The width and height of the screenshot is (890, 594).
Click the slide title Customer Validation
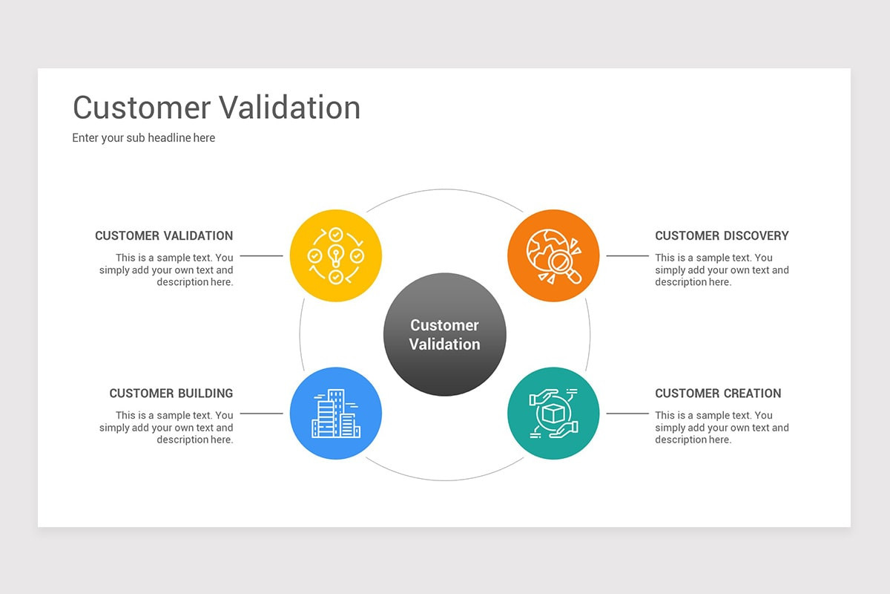(x=217, y=108)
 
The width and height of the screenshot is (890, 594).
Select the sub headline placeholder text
(x=144, y=138)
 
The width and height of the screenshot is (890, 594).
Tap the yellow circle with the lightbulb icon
(x=335, y=255)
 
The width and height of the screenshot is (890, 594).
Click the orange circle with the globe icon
(x=553, y=255)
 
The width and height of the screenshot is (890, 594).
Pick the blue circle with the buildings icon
(x=335, y=414)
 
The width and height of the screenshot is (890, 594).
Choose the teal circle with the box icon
(x=553, y=414)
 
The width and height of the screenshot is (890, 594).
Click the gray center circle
(x=444, y=334)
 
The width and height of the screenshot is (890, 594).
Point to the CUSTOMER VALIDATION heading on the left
(x=164, y=236)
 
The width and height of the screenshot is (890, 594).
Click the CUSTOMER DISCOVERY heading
(x=722, y=236)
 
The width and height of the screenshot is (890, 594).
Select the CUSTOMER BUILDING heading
(x=171, y=394)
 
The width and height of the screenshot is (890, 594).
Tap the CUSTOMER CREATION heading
(x=718, y=394)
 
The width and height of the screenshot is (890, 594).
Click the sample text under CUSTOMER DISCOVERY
(x=722, y=270)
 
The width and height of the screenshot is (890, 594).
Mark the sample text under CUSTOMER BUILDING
(x=167, y=428)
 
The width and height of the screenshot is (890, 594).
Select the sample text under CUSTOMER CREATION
(x=722, y=428)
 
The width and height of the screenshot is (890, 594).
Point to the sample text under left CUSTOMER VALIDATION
(x=167, y=270)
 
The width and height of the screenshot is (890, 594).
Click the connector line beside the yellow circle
(x=261, y=256)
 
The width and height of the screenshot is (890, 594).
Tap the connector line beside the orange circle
(x=627, y=256)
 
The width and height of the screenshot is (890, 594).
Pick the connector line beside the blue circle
(x=261, y=414)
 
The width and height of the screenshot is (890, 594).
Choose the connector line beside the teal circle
(x=627, y=414)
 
